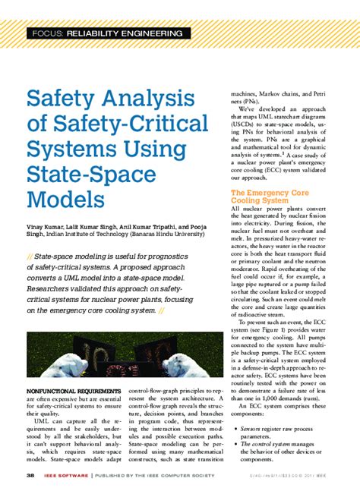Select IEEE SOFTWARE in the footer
(65, 476)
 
